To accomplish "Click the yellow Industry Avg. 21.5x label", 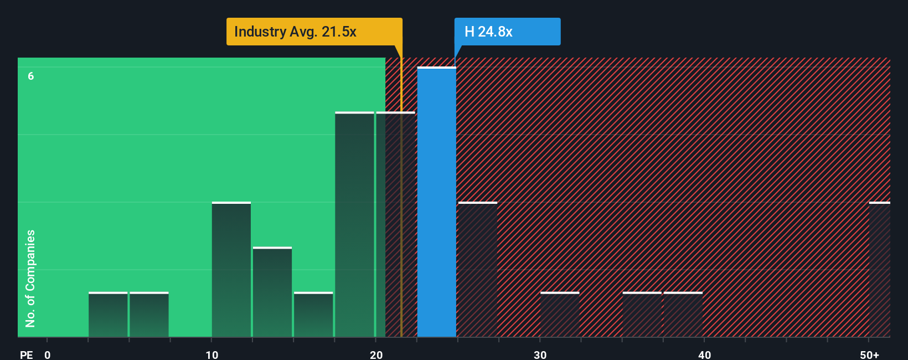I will click(x=314, y=32).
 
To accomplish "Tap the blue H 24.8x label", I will click(x=507, y=32).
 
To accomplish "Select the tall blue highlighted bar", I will click(x=436, y=202).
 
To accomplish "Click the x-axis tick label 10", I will click(x=212, y=354).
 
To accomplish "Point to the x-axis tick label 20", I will click(x=376, y=354).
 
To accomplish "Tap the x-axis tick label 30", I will click(x=540, y=354).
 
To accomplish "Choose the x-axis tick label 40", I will click(x=704, y=354).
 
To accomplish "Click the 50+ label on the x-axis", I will click(x=870, y=354).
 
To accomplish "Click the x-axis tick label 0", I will click(x=48, y=354).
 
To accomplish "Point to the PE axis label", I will click(x=27, y=354).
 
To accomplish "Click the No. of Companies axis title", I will click(x=30, y=278).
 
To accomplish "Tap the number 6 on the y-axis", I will click(x=31, y=76).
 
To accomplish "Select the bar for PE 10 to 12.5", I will click(x=231, y=270).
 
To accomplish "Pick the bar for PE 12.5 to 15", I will click(x=272, y=292).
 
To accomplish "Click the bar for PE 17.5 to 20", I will click(x=354, y=224).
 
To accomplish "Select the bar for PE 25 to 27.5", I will click(x=478, y=270).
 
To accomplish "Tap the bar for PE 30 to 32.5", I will click(x=560, y=315).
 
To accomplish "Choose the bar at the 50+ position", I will click(x=879, y=270).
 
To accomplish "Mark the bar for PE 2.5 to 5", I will click(x=108, y=315).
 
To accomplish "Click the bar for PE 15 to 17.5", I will click(x=313, y=315).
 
